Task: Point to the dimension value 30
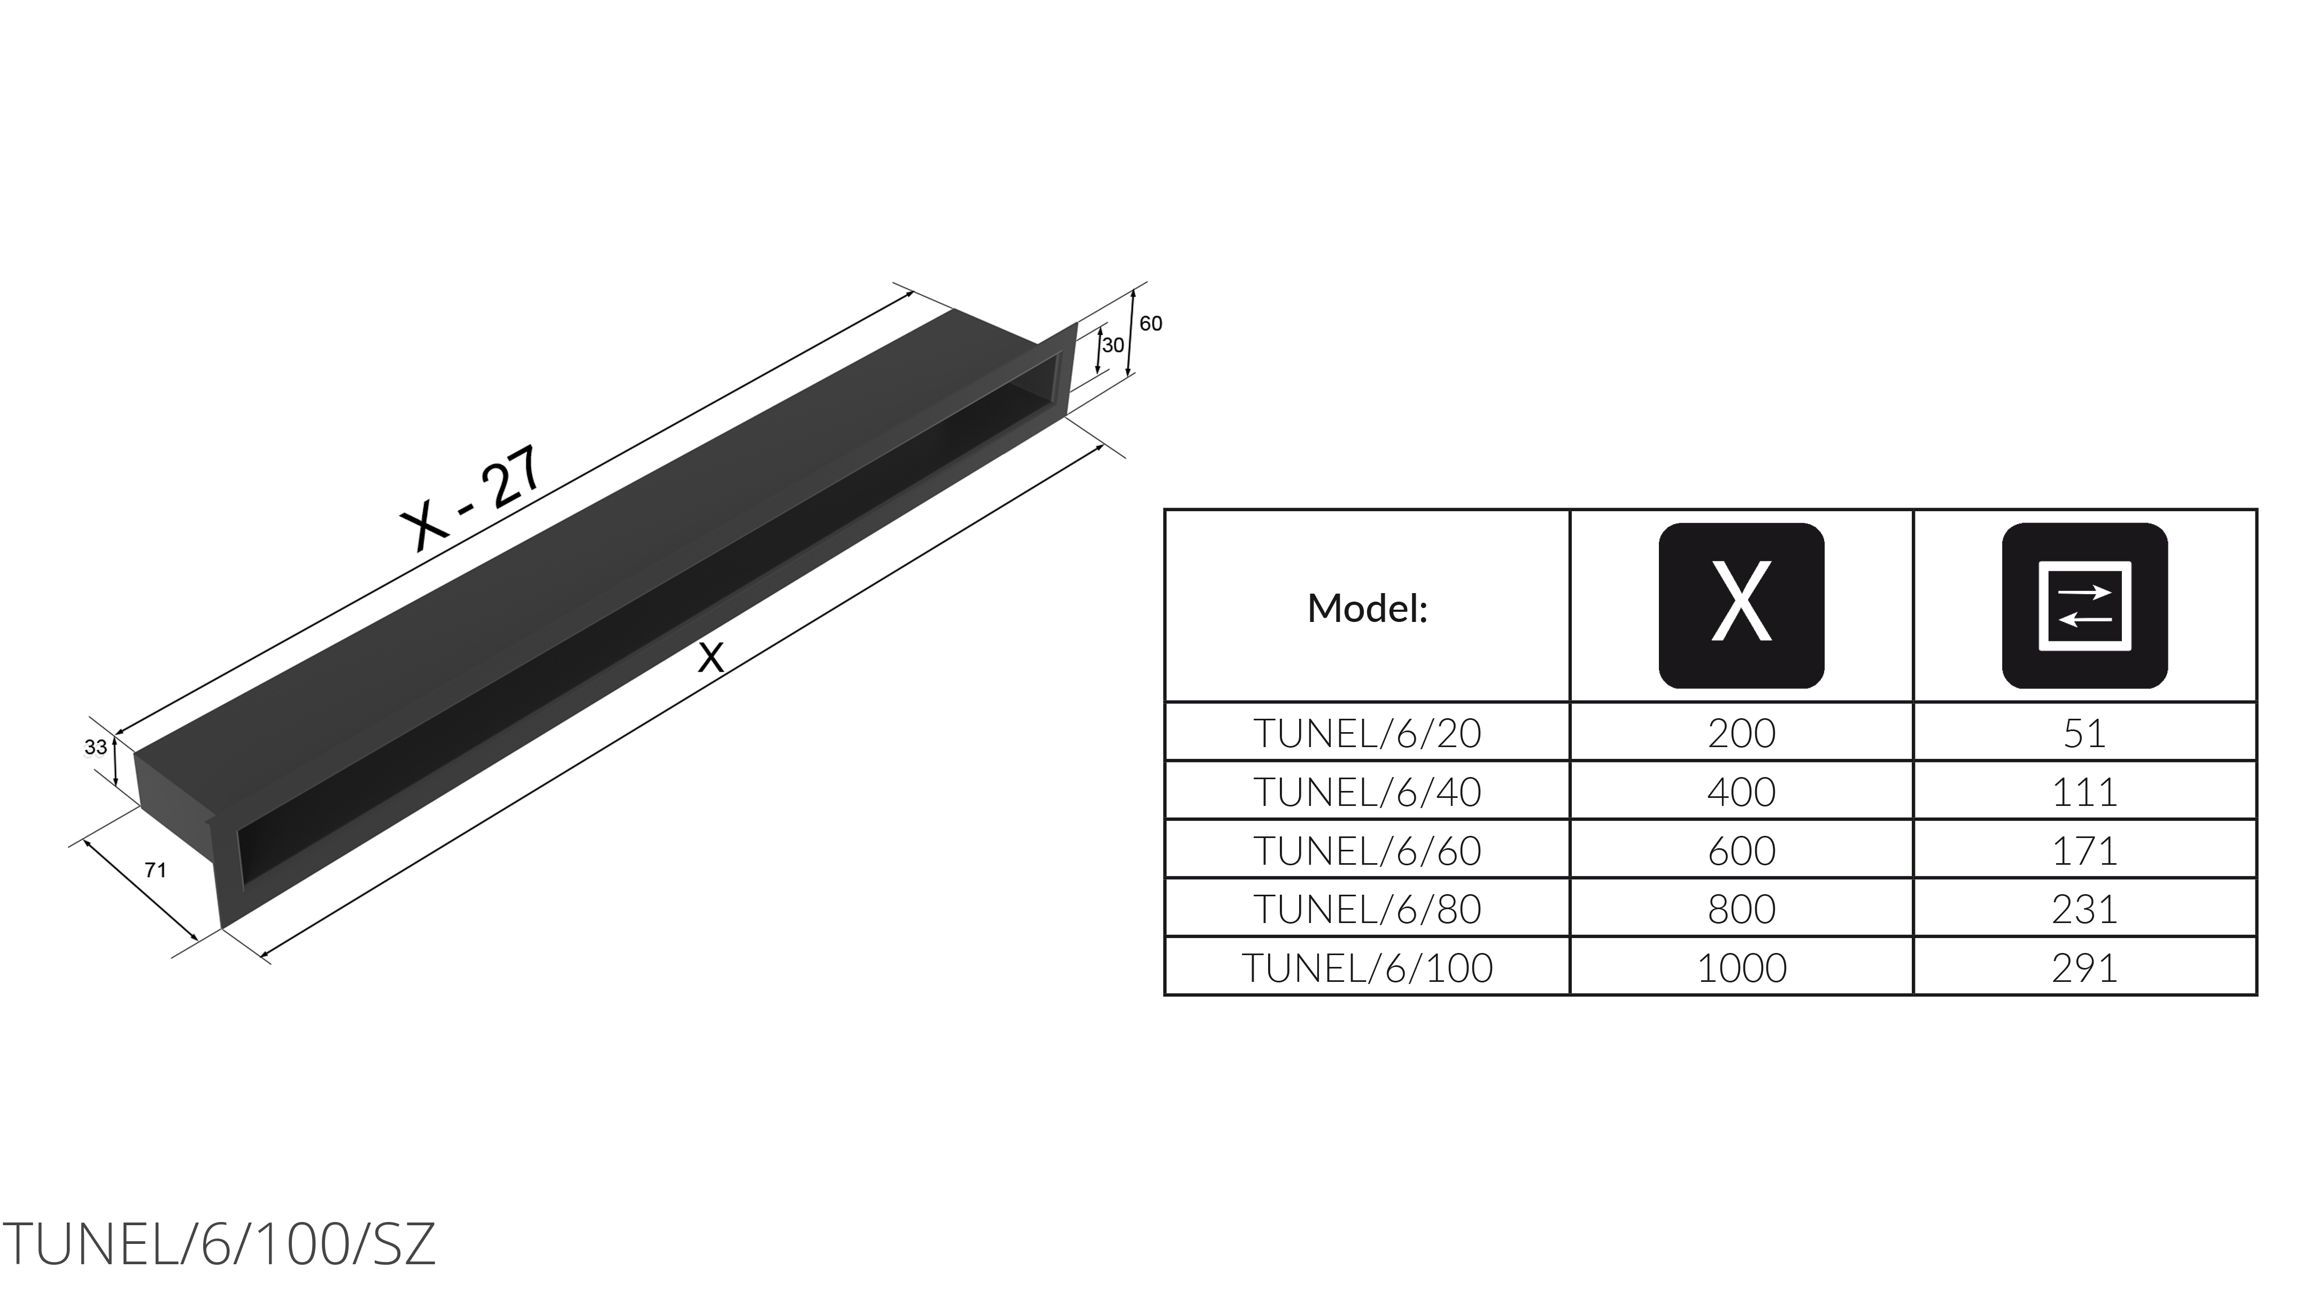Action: click(1113, 345)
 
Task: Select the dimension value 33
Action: click(95, 747)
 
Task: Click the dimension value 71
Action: click(155, 870)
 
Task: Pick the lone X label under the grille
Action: click(711, 658)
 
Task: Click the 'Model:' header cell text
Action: click(1367, 609)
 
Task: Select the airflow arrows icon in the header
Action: click(2085, 606)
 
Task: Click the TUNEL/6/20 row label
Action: click(1367, 733)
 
